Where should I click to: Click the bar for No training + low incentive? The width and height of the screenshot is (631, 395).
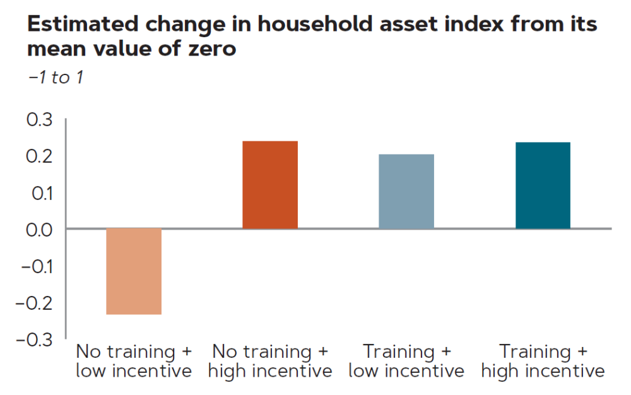(134, 271)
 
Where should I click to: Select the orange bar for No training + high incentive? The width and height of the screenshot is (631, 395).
(270, 185)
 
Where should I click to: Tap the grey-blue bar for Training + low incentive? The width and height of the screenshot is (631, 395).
(406, 191)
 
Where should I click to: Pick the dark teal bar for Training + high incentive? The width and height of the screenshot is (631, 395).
(543, 186)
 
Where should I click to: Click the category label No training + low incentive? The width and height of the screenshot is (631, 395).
(134, 361)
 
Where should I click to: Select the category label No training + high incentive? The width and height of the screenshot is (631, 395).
(270, 361)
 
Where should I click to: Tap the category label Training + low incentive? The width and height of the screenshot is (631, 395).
(406, 361)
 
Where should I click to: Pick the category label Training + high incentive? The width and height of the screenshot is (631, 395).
(543, 361)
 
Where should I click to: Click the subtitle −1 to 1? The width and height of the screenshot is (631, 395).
(56, 78)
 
